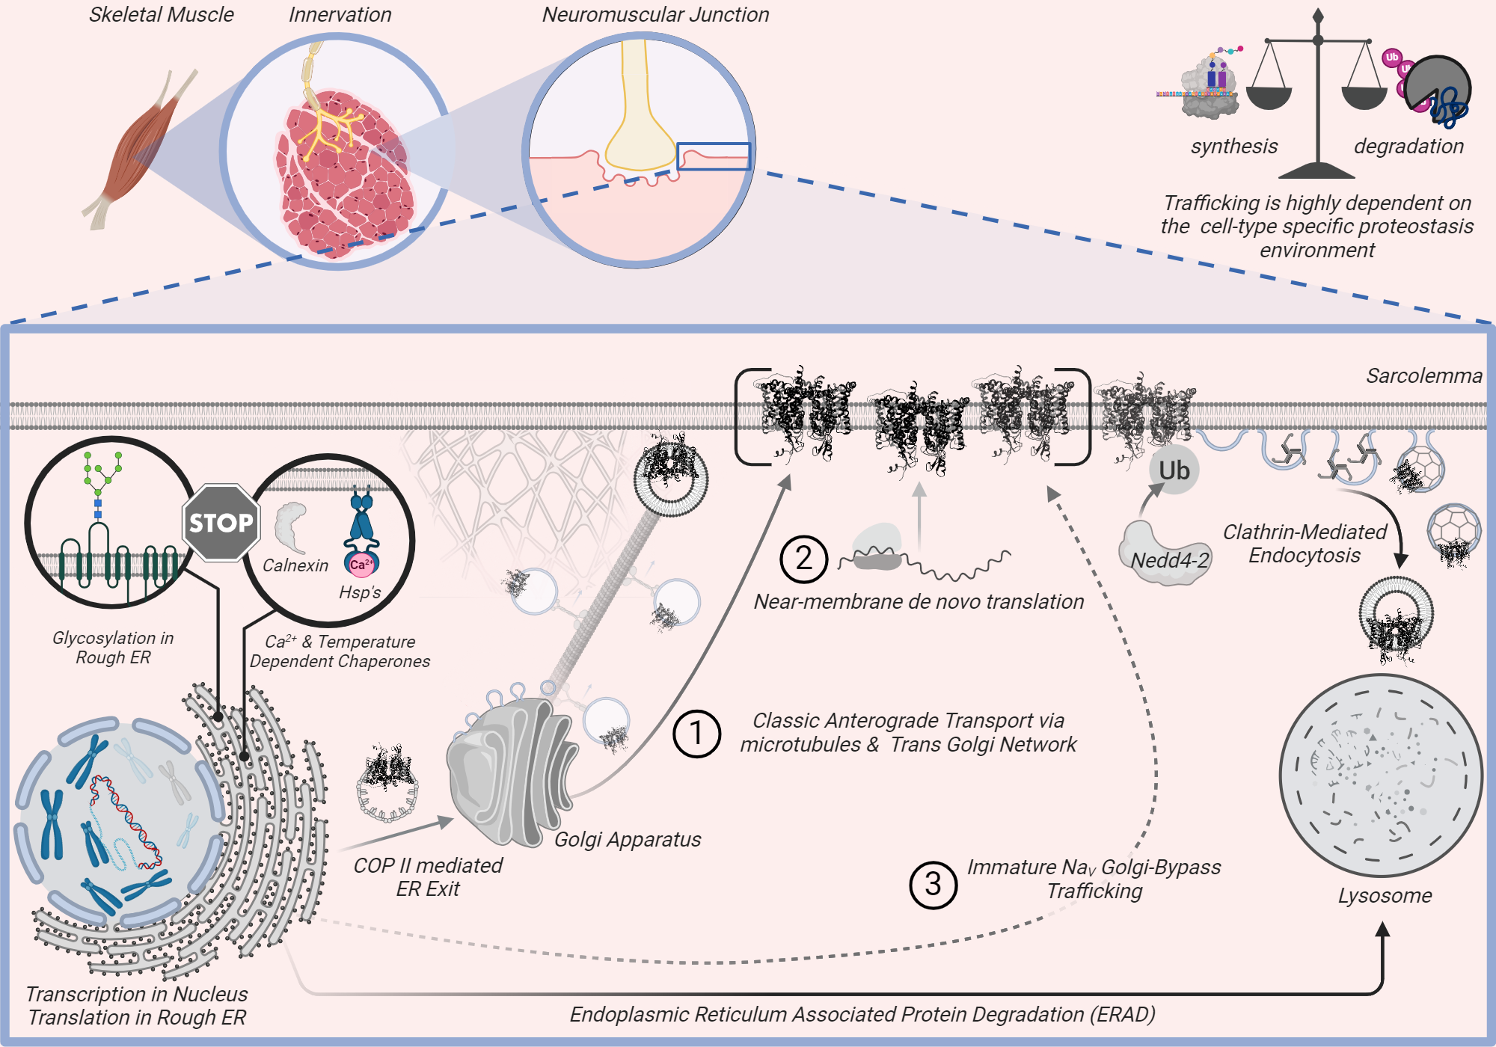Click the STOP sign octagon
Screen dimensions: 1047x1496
221,523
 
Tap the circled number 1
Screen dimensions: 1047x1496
696,734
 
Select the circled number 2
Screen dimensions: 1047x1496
803,559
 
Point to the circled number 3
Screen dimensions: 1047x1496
933,885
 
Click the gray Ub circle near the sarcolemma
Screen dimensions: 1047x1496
1174,470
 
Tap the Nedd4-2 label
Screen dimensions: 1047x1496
1169,560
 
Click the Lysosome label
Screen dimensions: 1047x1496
1385,895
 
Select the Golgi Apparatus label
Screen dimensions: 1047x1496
628,839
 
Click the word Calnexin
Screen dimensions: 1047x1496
295,565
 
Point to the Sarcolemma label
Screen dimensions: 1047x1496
1423,375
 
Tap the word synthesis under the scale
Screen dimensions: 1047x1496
1234,146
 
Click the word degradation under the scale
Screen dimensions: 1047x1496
1408,146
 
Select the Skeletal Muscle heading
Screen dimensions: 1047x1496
162,14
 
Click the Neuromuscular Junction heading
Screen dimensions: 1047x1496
655,14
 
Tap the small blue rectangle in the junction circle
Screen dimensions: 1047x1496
714,156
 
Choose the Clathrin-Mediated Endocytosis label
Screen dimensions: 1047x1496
1305,544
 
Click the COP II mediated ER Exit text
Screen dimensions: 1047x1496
428,876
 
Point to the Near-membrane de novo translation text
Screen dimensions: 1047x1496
919,601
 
